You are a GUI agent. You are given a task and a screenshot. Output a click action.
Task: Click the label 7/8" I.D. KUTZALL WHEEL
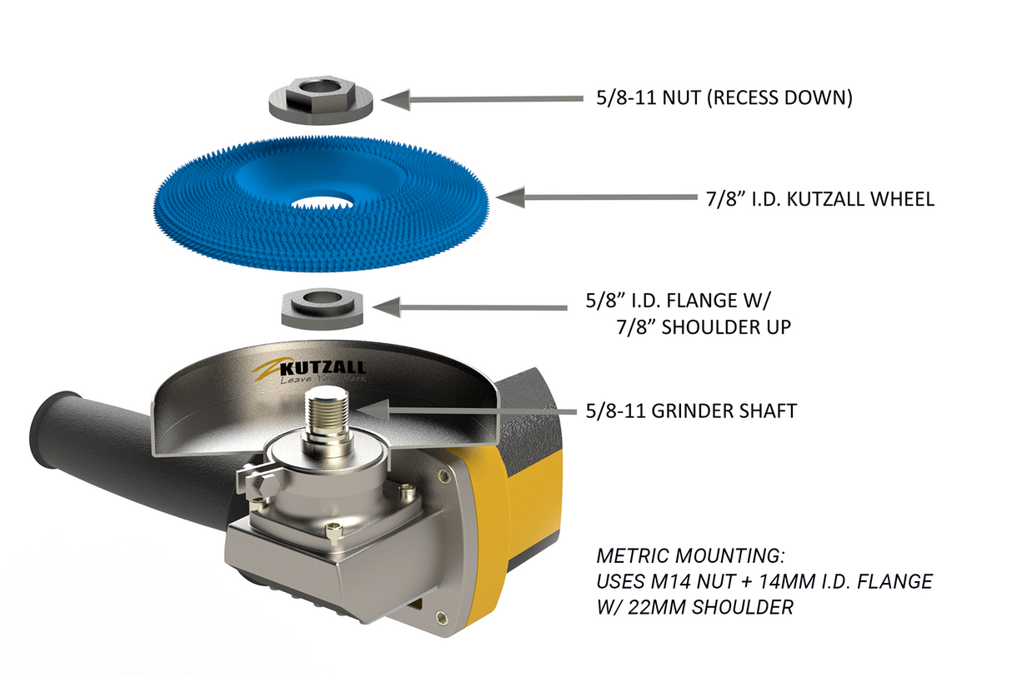click(x=815, y=199)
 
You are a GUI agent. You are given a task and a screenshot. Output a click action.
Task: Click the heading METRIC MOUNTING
click(x=691, y=555)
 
